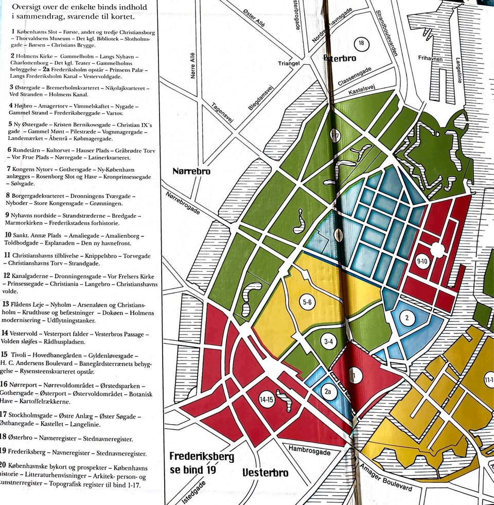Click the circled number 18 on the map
click(361, 43)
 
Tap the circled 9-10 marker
click(422, 262)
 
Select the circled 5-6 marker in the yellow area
click(307, 302)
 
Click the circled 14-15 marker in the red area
click(267, 399)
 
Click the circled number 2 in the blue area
click(407, 318)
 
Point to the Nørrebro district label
click(192, 171)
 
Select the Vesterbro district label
click(265, 473)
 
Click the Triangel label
click(289, 63)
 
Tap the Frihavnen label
click(431, 59)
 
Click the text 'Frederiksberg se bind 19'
click(202, 463)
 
